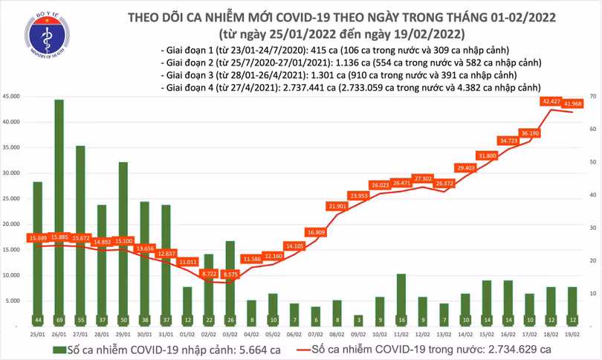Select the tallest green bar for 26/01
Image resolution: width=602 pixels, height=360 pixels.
click(x=58, y=208)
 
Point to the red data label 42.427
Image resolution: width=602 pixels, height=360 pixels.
click(x=551, y=101)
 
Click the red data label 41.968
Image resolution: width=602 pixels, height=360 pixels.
click(x=573, y=103)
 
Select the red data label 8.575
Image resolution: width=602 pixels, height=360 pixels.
click(x=230, y=274)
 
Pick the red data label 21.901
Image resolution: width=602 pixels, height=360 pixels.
click(x=338, y=205)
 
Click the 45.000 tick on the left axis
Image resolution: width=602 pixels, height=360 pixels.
click(x=11, y=97)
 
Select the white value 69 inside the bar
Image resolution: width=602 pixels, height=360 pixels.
click(x=58, y=321)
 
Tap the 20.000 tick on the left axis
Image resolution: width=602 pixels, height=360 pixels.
click(x=11, y=225)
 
